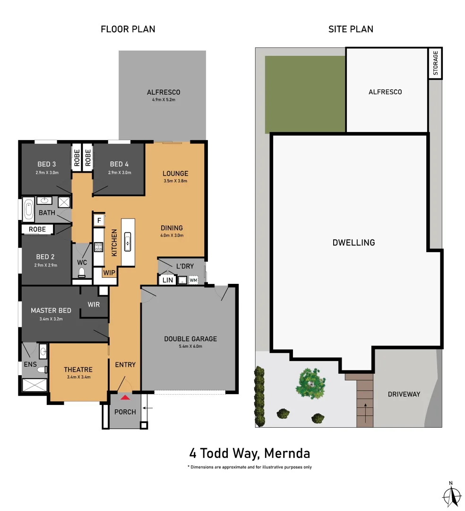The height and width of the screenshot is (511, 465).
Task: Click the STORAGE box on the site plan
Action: pos(435,63)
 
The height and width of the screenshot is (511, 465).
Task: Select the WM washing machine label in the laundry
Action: pos(193,280)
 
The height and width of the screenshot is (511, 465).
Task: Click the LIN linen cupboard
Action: pos(167,280)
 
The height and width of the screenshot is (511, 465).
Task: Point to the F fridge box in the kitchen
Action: pos(99,220)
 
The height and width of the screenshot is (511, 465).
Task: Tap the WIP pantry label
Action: pos(109,273)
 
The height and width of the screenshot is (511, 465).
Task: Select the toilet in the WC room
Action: pos(82,272)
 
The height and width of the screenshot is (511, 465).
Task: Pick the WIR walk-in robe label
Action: pos(94,304)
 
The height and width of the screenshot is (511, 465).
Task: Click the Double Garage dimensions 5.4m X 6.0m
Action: pos(190,346)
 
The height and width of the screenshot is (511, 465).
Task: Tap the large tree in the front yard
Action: pos(310,382)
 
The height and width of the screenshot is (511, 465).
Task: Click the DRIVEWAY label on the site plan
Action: pos(404,394)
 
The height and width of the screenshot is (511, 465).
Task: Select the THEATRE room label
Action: pos(78,370)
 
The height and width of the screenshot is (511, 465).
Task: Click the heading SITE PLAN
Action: pos(351,29)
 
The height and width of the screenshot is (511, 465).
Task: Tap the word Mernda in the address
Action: pos(287,453)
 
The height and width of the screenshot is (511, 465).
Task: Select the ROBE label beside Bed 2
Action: pos(37,229)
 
